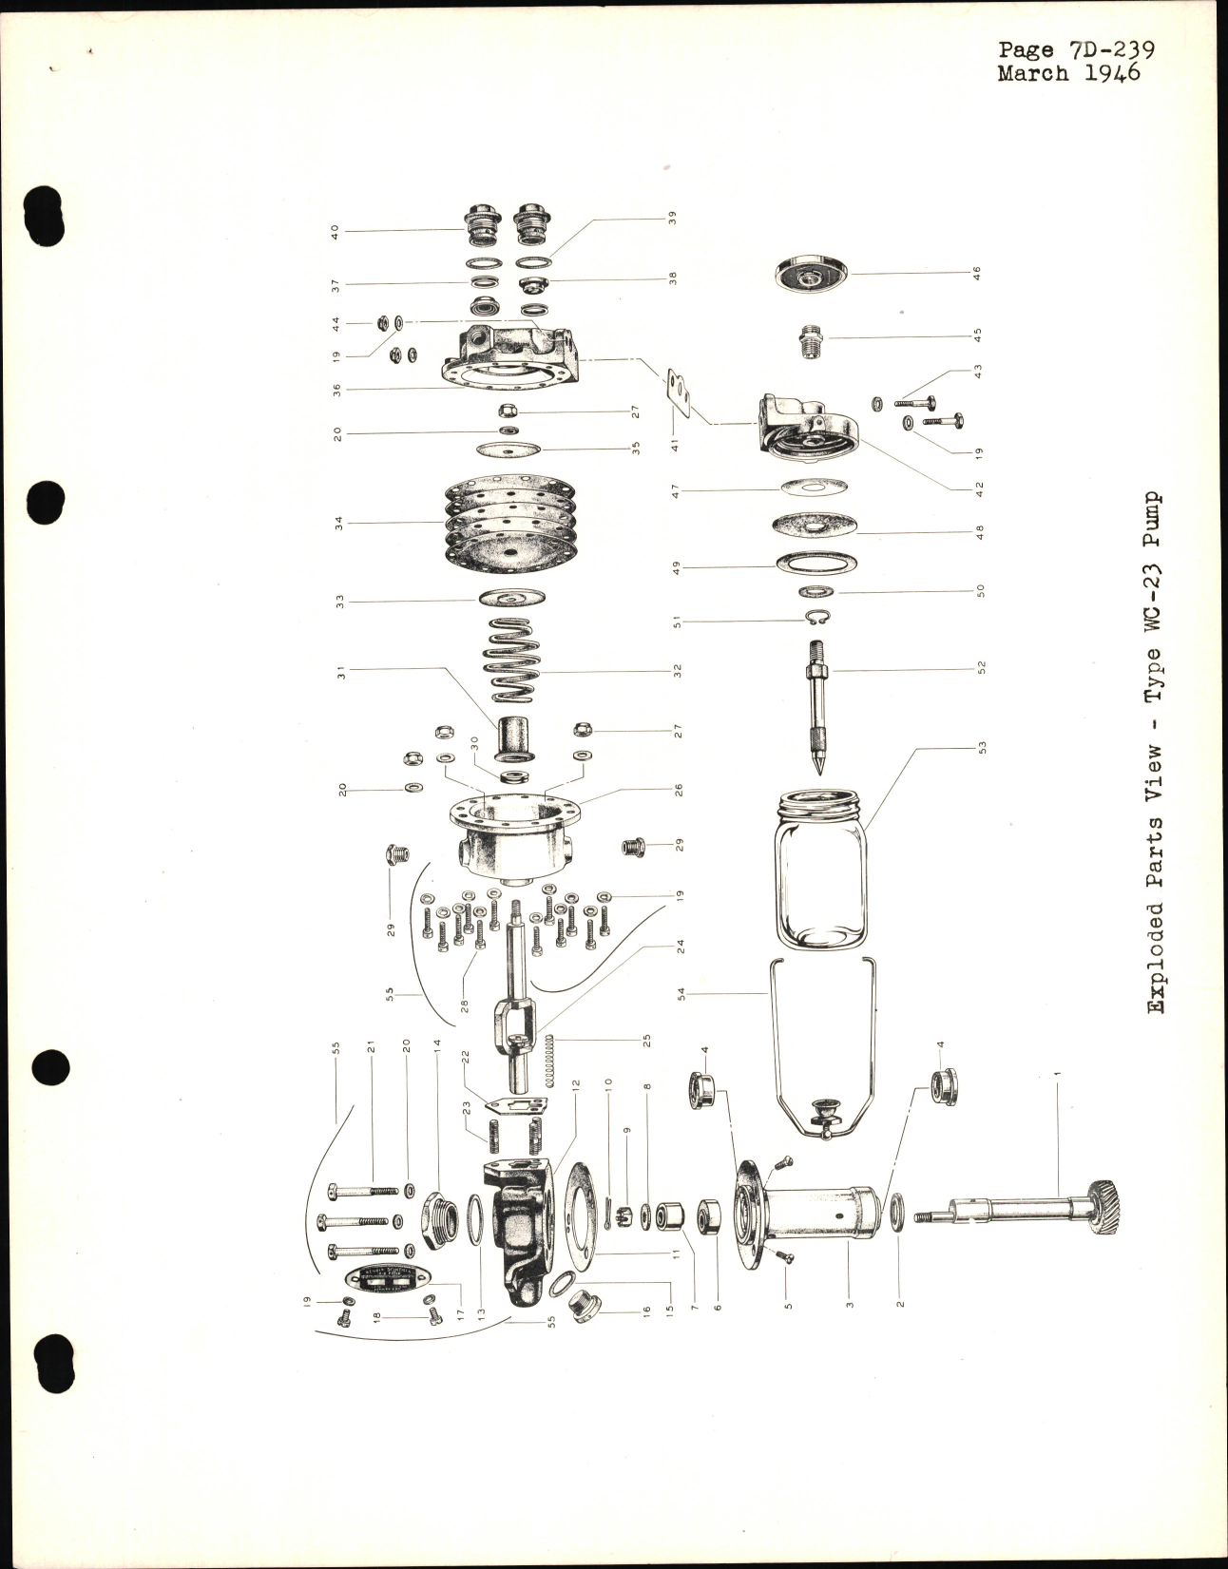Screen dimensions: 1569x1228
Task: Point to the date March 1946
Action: pyautogui.click(x=1068, y=74)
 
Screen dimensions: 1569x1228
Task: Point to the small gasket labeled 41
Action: pyautogui.click(x=677, y=392)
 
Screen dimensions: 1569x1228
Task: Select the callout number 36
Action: pyautogui.click(x=338, y=388)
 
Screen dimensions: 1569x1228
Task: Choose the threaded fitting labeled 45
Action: pyautogui.click(x=811, y=339)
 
